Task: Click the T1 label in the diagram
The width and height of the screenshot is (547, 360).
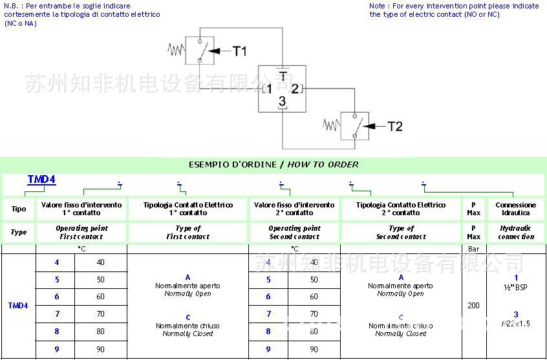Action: pos(239,51)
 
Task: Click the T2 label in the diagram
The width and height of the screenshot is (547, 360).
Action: pos(394,127)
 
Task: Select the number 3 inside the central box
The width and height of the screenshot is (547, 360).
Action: pos(282,101)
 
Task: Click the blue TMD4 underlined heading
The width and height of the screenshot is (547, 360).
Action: pos(41,180)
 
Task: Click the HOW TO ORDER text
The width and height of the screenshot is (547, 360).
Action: pos(323,164)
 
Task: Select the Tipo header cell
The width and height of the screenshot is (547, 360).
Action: pos(19,209)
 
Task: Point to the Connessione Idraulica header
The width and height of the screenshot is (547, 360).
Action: pos(515,209)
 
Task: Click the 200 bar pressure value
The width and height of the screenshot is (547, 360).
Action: pos(473,305)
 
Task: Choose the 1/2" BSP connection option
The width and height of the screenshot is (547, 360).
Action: pos(516,283)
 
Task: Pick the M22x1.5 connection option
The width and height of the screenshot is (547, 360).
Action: pos(516,319)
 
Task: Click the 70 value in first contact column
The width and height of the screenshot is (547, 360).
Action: pos(101,314)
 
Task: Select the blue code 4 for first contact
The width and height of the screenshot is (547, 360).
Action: pos(57,262)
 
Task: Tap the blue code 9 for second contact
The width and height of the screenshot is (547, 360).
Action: pos(268,350)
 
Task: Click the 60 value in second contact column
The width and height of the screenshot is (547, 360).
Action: pos(314,297)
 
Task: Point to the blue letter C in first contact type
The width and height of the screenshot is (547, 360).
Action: pos(188,317)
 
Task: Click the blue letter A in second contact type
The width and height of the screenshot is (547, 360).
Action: pos(401,277)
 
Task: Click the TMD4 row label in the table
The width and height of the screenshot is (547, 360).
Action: pos(18,305)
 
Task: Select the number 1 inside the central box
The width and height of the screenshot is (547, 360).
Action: pos(268,89)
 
